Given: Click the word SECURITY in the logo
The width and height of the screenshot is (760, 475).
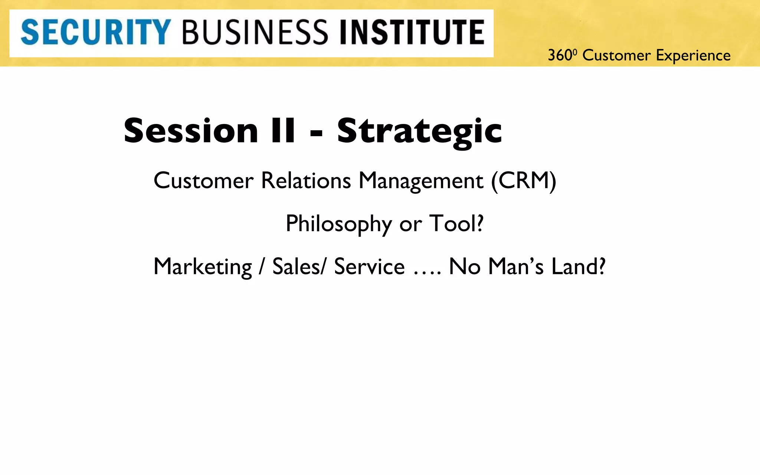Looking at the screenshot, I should coord(96,33).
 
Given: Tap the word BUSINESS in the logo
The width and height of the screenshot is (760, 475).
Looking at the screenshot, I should coord(255,33).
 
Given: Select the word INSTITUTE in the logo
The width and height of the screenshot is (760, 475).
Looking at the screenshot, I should coord(412,33).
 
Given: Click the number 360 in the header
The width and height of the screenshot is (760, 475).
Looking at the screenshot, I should coord(560,56).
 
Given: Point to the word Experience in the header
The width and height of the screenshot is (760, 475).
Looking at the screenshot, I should coord(693,56).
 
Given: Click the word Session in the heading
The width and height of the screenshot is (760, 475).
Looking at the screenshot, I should coord(191,131).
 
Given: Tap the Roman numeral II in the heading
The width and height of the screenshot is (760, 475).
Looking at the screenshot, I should coord(283,131).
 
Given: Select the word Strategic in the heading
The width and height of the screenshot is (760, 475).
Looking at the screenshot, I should coord(419,131).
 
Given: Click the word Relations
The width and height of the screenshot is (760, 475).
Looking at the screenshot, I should coord(306,181).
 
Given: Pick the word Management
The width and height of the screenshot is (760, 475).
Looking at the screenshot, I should coord(421,181).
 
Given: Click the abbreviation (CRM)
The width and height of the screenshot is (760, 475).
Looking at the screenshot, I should coord(524,181).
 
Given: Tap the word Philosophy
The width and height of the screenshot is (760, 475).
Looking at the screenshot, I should coord(338,224).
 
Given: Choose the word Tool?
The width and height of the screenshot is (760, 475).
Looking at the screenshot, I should coord(456,223).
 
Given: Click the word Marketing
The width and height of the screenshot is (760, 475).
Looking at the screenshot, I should coord(203,267).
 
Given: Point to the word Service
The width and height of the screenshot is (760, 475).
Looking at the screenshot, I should coord(369,266).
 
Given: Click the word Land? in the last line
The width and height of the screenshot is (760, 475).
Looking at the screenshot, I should coord(578,266).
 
